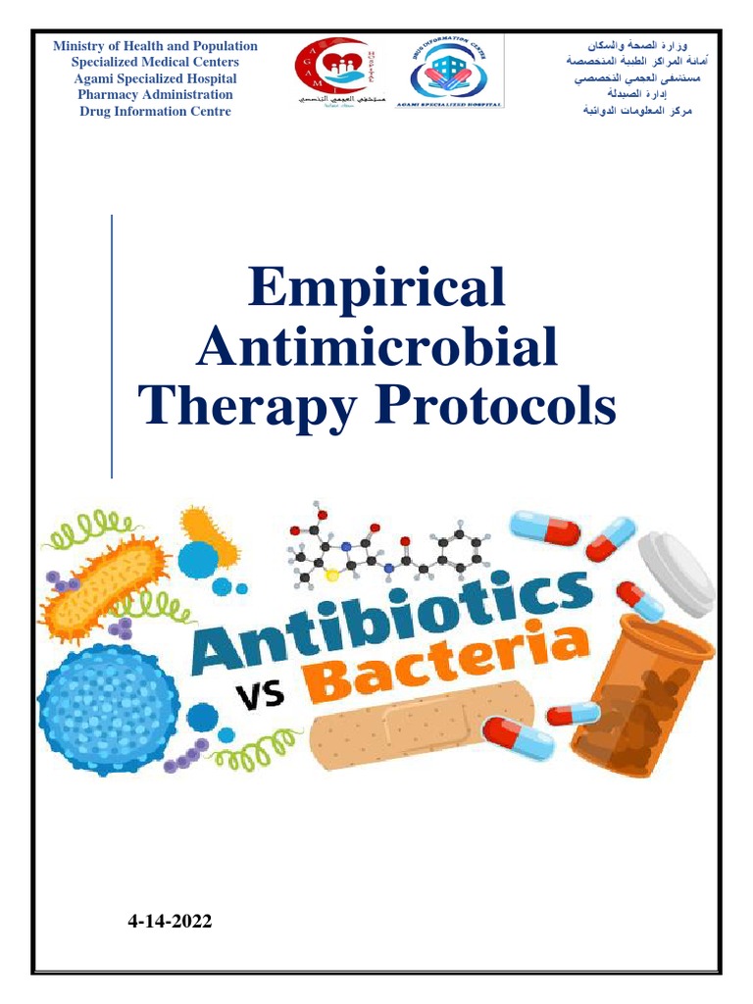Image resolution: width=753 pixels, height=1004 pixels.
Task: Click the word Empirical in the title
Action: [377, 288]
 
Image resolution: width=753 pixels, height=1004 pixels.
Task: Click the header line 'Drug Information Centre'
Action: [155, 112]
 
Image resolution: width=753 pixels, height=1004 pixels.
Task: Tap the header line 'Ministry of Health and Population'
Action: [155, 46]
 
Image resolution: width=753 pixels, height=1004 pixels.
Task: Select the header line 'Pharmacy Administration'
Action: [155, 95]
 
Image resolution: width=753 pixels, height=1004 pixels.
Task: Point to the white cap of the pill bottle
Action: [677, 572]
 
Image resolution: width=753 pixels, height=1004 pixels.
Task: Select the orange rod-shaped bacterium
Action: [104, 588]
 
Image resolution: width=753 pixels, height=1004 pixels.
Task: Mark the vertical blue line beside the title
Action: [112, 346]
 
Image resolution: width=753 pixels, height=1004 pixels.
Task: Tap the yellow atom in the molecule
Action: [331, 576]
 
